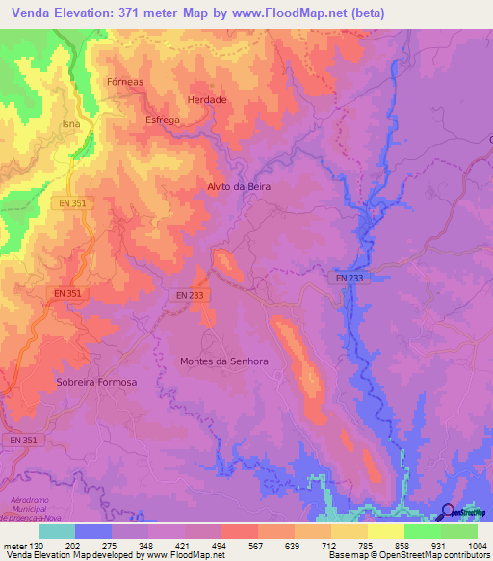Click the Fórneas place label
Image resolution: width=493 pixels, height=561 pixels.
pos(125,82)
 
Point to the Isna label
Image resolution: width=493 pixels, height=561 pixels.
pos(71,125)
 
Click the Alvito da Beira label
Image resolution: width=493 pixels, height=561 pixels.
pos(239,186)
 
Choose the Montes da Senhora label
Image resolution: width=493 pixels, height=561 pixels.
pos(223,361)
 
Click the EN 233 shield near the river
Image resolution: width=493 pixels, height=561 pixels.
pos(350,278)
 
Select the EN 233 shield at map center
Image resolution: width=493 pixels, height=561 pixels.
pos(190,295)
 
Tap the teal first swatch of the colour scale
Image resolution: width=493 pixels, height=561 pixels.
pos(57,531)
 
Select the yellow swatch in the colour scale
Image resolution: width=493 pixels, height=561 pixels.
pos(385,531)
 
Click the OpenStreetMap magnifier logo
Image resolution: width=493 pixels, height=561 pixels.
pos(448,512)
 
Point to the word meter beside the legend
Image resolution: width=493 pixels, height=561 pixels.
pos(16,545)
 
